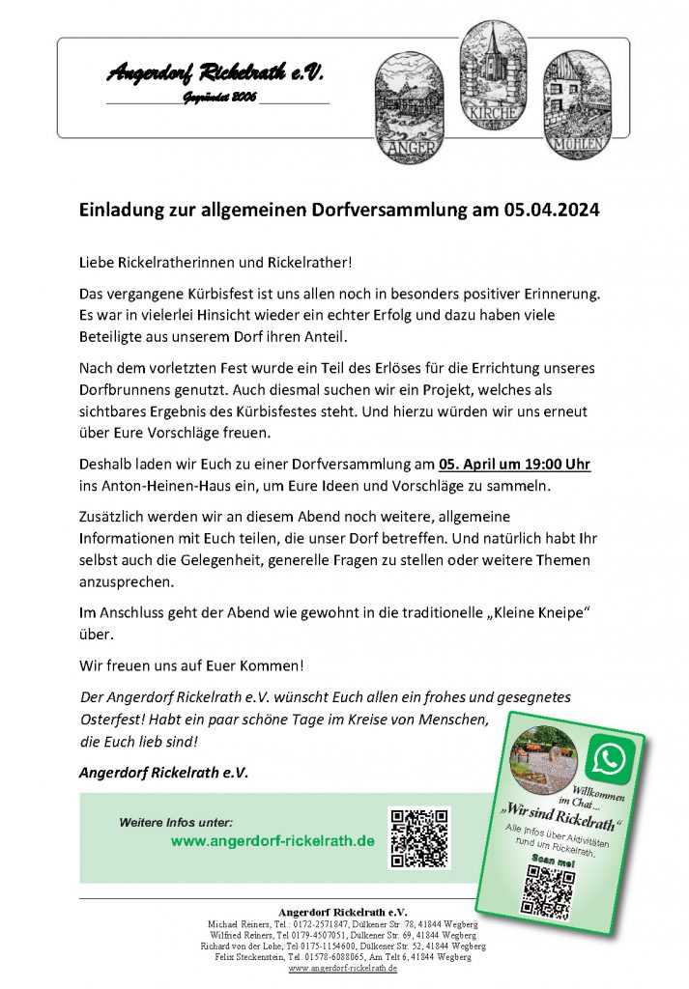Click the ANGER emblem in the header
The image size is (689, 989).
(x=409, y=106)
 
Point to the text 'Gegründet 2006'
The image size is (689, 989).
(x=219, y=99)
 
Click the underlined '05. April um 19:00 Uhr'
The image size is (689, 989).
(x=514, y=465)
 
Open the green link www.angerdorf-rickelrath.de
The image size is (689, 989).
(x=273, y=841)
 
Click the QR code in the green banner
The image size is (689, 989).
(x=419, y=838)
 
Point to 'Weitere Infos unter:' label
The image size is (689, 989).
(x=176, y=822)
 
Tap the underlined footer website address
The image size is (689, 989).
(x=343, y=968)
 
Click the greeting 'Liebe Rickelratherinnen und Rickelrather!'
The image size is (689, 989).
(x=215, y=263)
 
